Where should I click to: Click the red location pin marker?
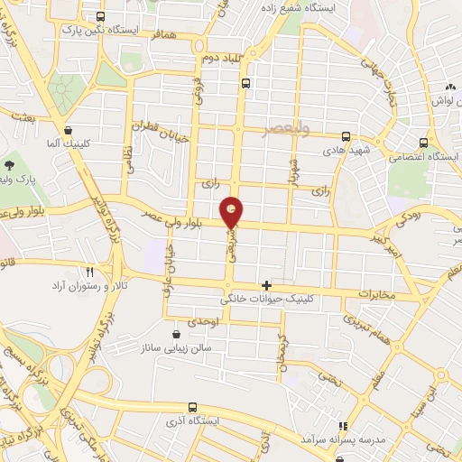pyautogui.click(x=233, y=213)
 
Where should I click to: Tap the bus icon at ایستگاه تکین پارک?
pyautogui.click(x=99, y=17)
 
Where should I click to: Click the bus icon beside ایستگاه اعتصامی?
pyautogui.click(x=423, y=142)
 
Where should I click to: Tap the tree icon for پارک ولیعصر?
pyautogui.click(x=10, y=165)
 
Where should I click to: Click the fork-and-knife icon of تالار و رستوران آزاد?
pyautogui.click(x=89, y=271)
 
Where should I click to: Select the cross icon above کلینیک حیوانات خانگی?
pyautogui.click(x=265, y=285)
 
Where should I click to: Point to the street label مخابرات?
pyautogui.click(x=377, y=294)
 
